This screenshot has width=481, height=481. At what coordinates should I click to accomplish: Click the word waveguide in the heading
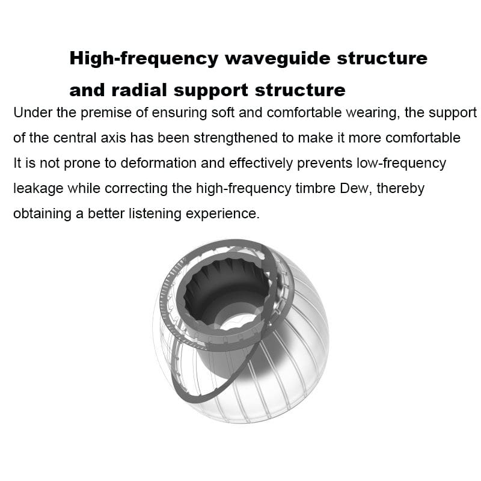pyautogui.click(x=277, y=58)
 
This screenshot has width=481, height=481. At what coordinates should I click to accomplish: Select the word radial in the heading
pyautogui.click(x=139, y=90)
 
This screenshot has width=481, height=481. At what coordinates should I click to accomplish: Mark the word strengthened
pyautogui.click(x=235, y=138)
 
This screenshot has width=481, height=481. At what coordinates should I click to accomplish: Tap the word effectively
pyautogui.click(x=261, y=163)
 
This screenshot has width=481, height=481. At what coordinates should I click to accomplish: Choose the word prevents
pyautogui.click(x=325, y=163)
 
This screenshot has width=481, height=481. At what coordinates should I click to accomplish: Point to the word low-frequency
pyautogui.click(x=401, y=163)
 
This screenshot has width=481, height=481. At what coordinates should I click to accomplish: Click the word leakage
pyautogui.click(x=38, y=189)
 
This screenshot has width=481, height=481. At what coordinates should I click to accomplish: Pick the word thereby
pyautogui.click(x=400, y=188)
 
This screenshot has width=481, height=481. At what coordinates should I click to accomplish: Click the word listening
pyautogui.click(x=155, y=214)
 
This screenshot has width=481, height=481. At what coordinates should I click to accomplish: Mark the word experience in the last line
pyautogui.click(x=222, y=214)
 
